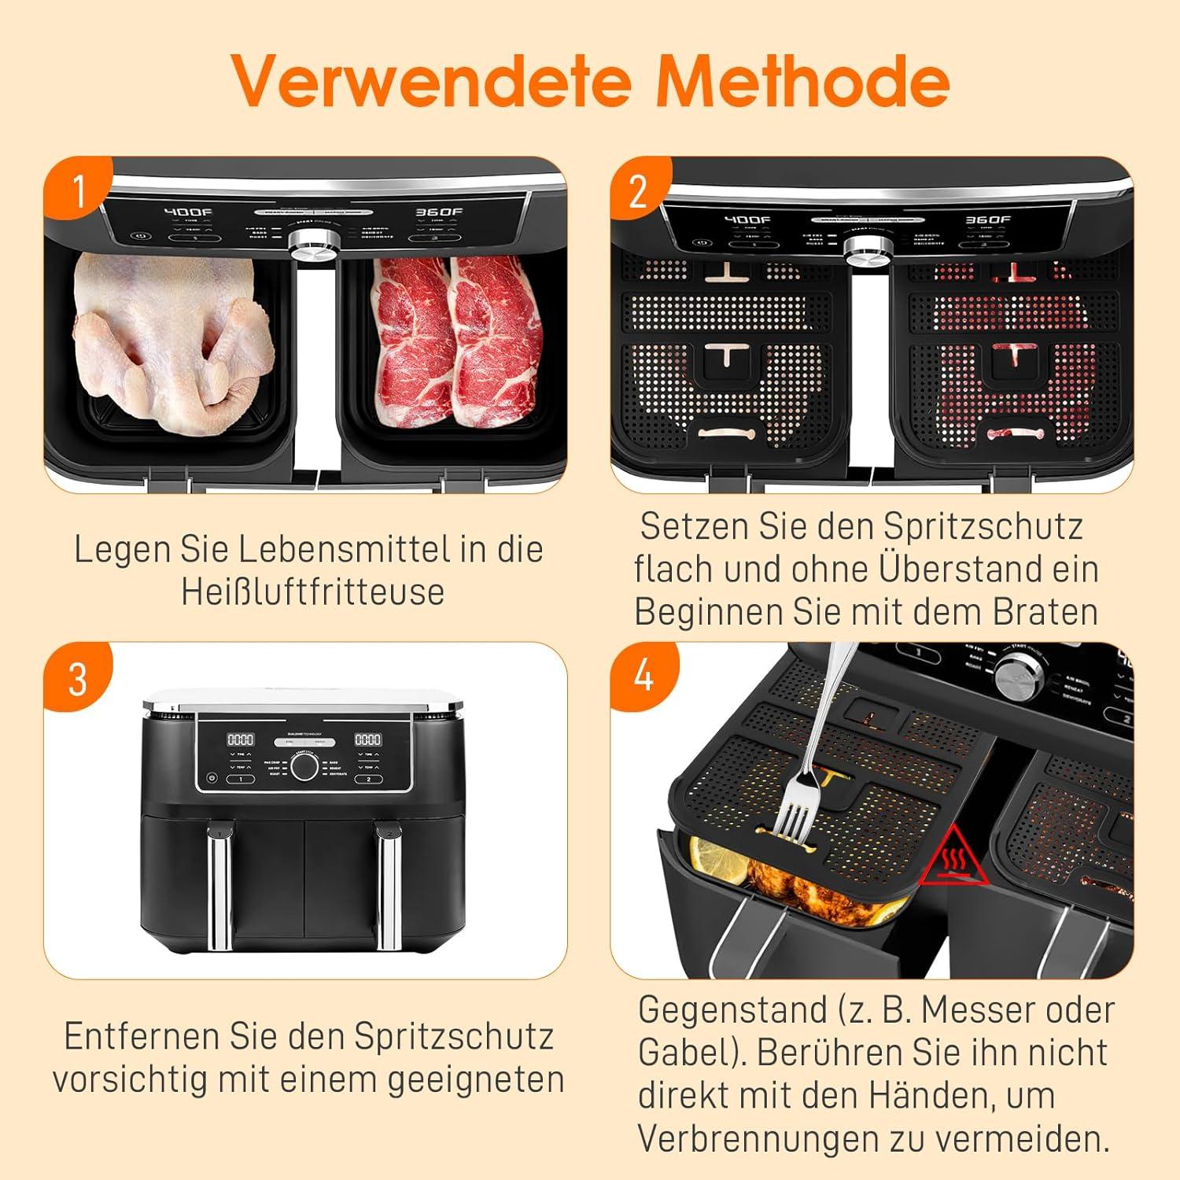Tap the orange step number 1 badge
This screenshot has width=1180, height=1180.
[x=79, y=190]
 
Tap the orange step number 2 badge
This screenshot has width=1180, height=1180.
[x=638, y=191]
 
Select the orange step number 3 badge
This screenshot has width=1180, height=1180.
[x=78, y=678]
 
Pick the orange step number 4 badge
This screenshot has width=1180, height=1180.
[x=643, y=676]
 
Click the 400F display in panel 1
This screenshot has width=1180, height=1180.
[x=187, y=212]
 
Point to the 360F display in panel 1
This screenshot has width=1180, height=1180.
[x=439, y=212]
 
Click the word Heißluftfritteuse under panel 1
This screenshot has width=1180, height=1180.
[x=312, y=592]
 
